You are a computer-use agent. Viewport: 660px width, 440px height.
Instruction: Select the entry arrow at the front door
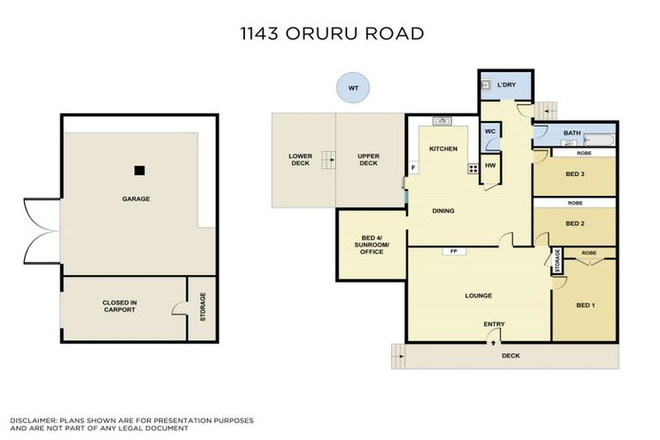click(493, 340)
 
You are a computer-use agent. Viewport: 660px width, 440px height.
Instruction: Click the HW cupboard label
click(490, 165)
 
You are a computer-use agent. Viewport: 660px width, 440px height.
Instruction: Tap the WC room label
click(489, 131)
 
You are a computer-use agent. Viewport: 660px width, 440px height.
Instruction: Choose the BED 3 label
click(575, 174)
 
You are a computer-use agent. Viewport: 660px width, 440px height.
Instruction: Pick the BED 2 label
click(575, 223)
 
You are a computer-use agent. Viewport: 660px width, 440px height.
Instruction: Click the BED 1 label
click(585, 305)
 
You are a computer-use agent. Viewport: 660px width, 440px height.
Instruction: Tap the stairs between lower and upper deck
click(327, 159)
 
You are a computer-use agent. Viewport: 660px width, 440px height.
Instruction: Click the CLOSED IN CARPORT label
click(119, 306)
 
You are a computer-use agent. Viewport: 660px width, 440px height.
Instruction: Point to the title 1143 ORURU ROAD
click(332, 34)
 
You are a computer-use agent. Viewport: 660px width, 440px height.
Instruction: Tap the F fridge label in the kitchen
click(413, 168)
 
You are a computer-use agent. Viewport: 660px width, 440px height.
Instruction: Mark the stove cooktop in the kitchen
click(472, 168)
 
